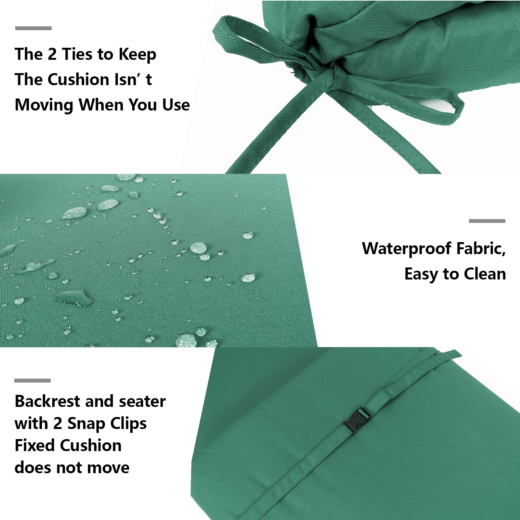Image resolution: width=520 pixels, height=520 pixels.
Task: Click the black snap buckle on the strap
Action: [357, 421]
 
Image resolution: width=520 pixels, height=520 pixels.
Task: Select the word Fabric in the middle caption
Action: [481, 249]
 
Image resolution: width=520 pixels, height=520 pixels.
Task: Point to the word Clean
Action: [485, 274]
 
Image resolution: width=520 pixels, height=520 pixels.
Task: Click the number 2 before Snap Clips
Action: [58, 423]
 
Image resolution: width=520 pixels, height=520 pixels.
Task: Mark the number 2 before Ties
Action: [52, 54]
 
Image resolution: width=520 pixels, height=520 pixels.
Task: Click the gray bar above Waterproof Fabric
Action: [487, 221]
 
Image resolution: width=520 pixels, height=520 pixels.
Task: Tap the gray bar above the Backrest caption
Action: [32, 381]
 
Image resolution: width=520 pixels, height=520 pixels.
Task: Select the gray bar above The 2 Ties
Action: [33, 28]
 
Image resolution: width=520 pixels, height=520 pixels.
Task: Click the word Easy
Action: [421, 274]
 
